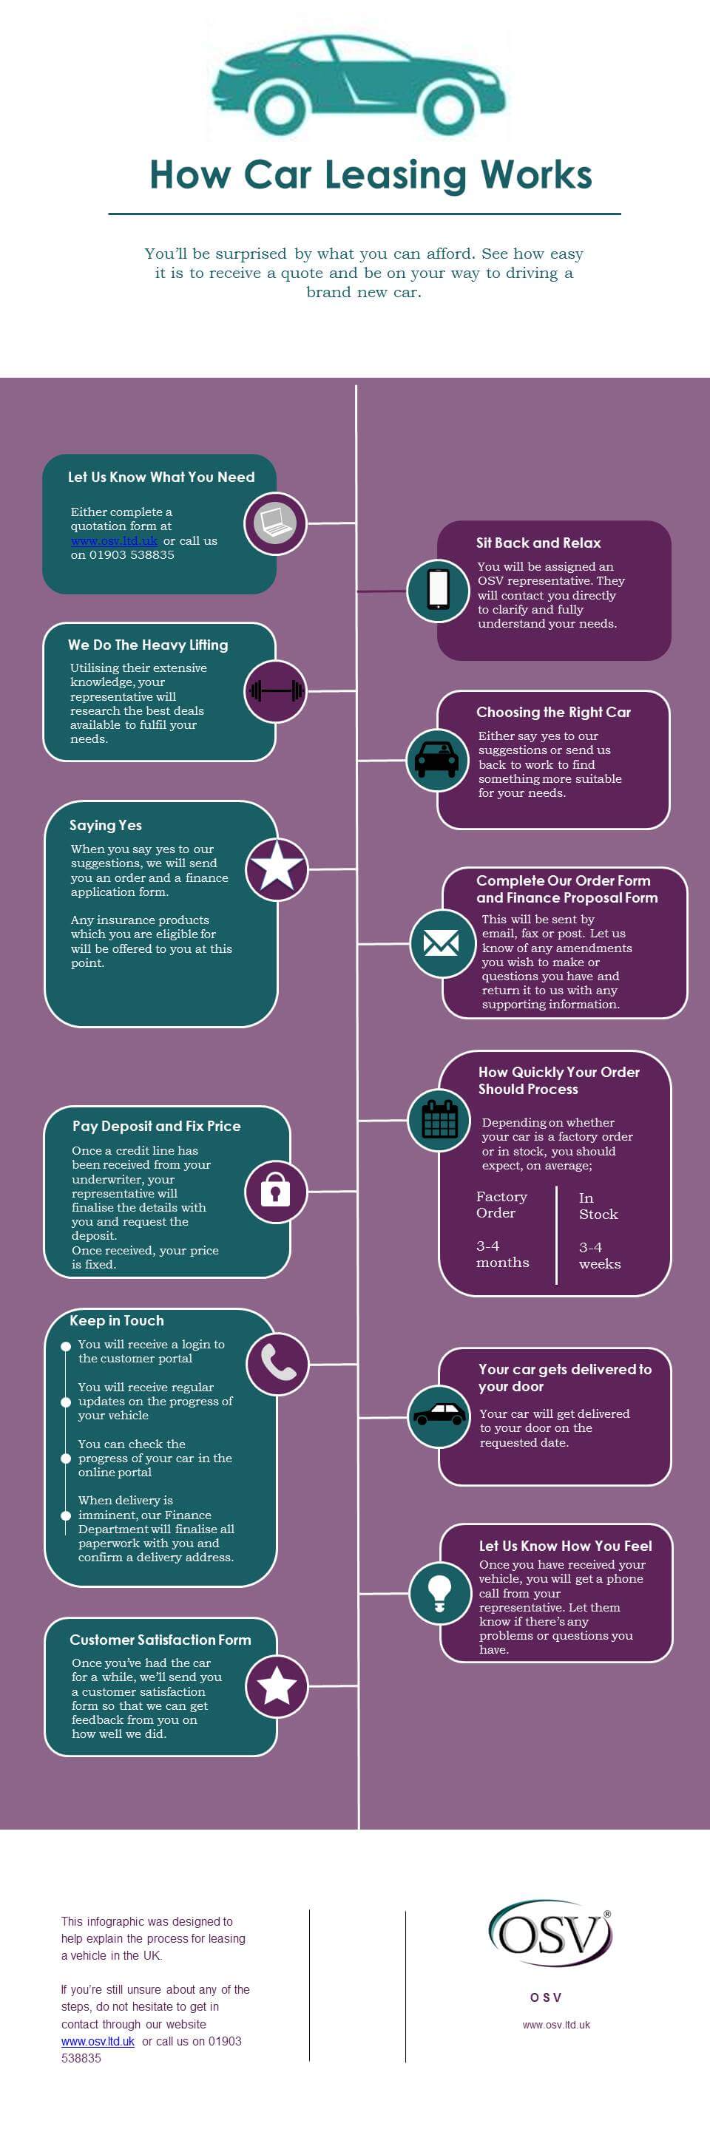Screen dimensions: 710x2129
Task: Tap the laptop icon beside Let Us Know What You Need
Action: (274, 523)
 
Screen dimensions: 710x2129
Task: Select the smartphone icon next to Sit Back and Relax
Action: (438, 590)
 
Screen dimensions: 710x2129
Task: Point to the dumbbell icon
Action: (276, 690)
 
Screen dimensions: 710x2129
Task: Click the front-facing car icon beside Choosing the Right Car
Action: (436, 758)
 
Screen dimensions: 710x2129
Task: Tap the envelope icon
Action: (442, 943)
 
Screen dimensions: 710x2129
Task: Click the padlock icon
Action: (275, 1190)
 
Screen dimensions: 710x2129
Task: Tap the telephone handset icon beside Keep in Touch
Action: (278, 1363)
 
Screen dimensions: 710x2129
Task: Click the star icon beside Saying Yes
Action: (276, 868)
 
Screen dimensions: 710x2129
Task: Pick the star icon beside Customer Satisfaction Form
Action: (276, 1686)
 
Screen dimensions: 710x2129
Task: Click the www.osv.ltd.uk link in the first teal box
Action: (114, 540)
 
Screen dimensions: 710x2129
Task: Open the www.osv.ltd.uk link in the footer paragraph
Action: (98, 2040)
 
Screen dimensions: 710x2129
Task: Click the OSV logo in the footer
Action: (549, 1935)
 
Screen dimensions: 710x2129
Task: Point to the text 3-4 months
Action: (502, 1253)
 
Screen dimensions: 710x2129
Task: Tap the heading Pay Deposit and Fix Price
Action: (156, 1125)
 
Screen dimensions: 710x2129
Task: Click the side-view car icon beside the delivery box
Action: (439, 1414)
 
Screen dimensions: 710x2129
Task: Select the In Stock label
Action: (598, 1205)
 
